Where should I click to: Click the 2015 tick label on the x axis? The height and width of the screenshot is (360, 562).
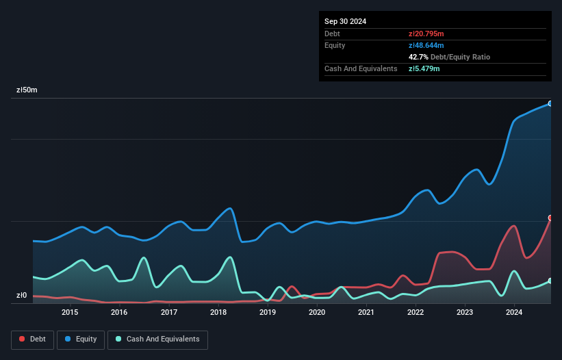[x=70, y=313]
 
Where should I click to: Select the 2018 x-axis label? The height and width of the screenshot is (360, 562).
[x=218, y=313]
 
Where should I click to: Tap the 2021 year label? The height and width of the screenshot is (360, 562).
[x=366, y=313]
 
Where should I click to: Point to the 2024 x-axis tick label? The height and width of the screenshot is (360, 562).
[x=514, y=313]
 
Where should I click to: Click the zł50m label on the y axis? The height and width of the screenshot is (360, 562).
[x=27, y=90]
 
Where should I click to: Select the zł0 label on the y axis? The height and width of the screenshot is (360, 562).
[x=21, y=296]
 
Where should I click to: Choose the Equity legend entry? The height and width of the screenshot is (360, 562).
[x=81, y=339]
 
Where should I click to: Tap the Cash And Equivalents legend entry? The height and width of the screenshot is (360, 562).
[x=157, y=339]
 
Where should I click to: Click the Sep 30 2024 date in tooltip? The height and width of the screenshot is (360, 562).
[x=346, y=21]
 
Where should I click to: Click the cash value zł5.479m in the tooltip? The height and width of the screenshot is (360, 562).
[x=424, y=68]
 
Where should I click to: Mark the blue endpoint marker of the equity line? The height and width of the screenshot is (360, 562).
[x=550, y=103]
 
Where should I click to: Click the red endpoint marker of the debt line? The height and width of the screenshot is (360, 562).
[x=550, y=218]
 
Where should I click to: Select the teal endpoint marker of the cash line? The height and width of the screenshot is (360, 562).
[x=550, y=281]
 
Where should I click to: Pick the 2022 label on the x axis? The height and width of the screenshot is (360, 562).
[x=416, y=313]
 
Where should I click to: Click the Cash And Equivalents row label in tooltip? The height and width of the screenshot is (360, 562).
[x=361, y=68]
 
